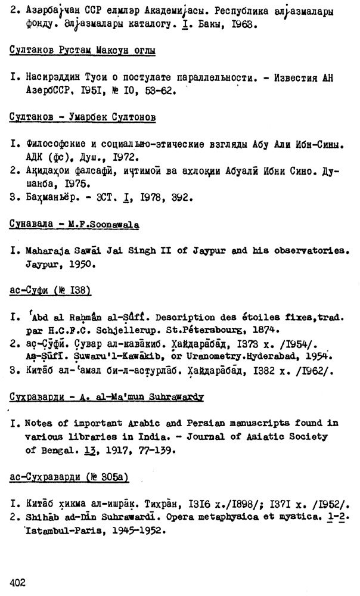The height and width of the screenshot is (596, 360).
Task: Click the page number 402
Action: point(19,583)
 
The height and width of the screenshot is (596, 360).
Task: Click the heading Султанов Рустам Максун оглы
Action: point(82,51)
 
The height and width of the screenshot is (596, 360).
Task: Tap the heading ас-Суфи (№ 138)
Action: point(50,290)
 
